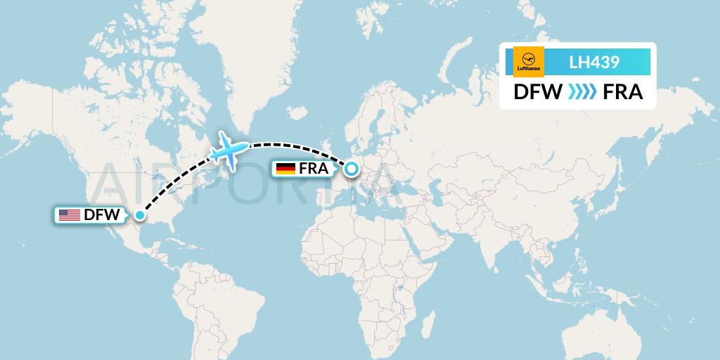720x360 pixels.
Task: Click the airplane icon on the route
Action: (229, 149)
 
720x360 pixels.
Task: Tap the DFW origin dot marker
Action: (140, 215)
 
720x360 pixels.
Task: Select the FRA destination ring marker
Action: (351, 168)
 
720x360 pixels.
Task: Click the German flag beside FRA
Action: (285, 169)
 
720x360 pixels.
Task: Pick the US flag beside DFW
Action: (69, 215)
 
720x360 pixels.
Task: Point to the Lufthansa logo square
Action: (529, 62)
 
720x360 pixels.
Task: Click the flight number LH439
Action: (594, 62)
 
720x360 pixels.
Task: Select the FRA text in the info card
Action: (623, 92)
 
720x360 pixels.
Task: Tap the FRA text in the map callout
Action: (314, 169)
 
